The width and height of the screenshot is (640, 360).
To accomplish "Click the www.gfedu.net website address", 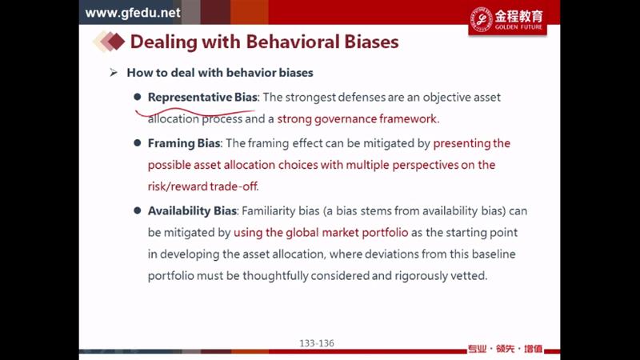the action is (133, 13).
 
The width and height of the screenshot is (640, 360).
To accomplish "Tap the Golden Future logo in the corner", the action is (507, 19).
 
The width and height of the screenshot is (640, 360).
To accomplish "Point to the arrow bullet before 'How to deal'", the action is (114, 73).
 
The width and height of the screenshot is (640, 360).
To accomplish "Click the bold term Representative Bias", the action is (202, 97).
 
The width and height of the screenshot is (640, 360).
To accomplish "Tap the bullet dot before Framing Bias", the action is (137, 143).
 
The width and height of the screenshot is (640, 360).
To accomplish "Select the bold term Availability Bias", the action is (192, 210).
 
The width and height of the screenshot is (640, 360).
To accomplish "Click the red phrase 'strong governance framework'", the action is (357, 118).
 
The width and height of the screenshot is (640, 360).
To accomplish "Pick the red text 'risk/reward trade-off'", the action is (203, 186).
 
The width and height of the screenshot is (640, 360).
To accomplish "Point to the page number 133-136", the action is (317, 343).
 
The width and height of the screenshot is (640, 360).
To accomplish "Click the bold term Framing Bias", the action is (184, 143).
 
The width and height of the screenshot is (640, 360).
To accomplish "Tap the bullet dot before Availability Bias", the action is (137, 210).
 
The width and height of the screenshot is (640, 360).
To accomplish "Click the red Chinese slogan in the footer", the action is (505, 349).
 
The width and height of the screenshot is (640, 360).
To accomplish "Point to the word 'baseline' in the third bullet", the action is (494, 254).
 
